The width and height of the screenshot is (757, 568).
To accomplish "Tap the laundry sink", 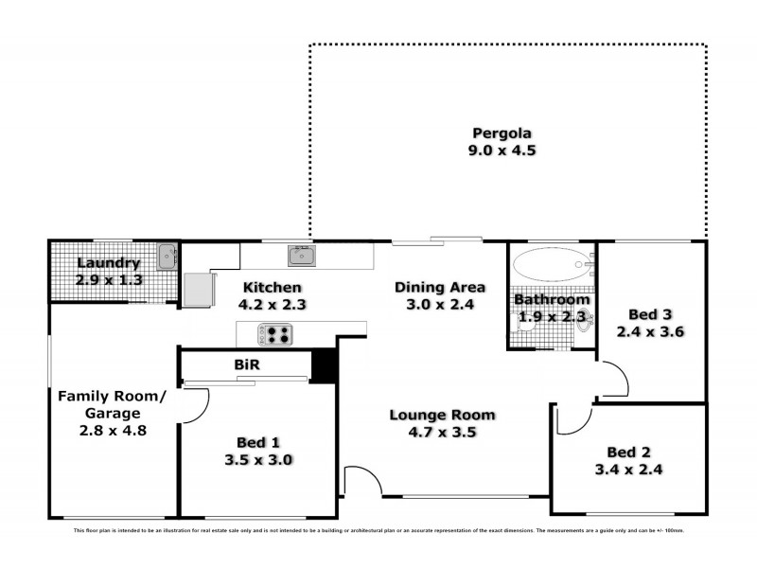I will [x=167, y=255].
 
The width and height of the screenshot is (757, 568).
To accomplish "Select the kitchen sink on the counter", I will [x=302, y=255].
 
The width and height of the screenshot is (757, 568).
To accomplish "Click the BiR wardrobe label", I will [x=247, y=364].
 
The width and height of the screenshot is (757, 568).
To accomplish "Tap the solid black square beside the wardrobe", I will [x=325, y=366].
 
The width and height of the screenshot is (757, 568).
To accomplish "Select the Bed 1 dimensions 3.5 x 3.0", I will [x=257, y=460].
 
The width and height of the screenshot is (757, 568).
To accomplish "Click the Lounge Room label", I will [x=443, y=415].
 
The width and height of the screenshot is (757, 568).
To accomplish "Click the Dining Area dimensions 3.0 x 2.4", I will [x=440, y=305].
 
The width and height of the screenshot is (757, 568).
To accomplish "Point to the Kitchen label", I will [x=272, y=287].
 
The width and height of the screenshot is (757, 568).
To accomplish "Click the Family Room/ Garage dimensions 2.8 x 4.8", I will [x=113, y=430].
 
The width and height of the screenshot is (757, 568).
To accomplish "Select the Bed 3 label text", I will [x=649, y=314].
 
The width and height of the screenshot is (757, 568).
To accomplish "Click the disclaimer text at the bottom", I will [x=378, y=531].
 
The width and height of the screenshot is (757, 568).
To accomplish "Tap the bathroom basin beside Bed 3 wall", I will [x=584, y=323].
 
